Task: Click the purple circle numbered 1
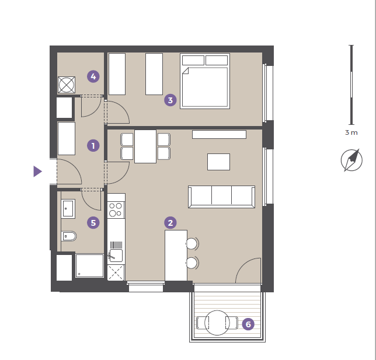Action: click(x=93, y=145)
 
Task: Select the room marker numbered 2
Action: click(x=170, y=223)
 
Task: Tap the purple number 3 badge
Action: click(x=170, y=100)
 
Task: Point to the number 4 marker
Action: click(x=93, y=76)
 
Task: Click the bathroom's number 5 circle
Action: click(x=93, y=223)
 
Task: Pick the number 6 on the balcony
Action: click(x=248, y=324)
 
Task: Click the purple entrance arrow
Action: click(x=37, y=172)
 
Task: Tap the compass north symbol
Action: click(x=351, y=160)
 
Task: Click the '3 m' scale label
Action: click(x=351, y=132)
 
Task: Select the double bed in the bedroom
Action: click(x=205, y=81)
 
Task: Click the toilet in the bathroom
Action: click(x=68, y=236)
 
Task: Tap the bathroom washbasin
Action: click(x=68, y=209)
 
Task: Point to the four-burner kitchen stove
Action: click(x=116, y=209)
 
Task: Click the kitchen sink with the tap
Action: click(x=116, y=256)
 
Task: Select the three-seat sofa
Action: click(x=222, y=197)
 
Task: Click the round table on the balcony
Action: click(x=217, y=323)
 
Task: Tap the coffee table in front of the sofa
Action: click(x=218, y=162)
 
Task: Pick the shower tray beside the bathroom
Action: click(x=89, y=266)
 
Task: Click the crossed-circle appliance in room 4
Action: click(x=67, y=85)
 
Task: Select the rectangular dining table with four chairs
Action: click(x=145, y=146)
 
